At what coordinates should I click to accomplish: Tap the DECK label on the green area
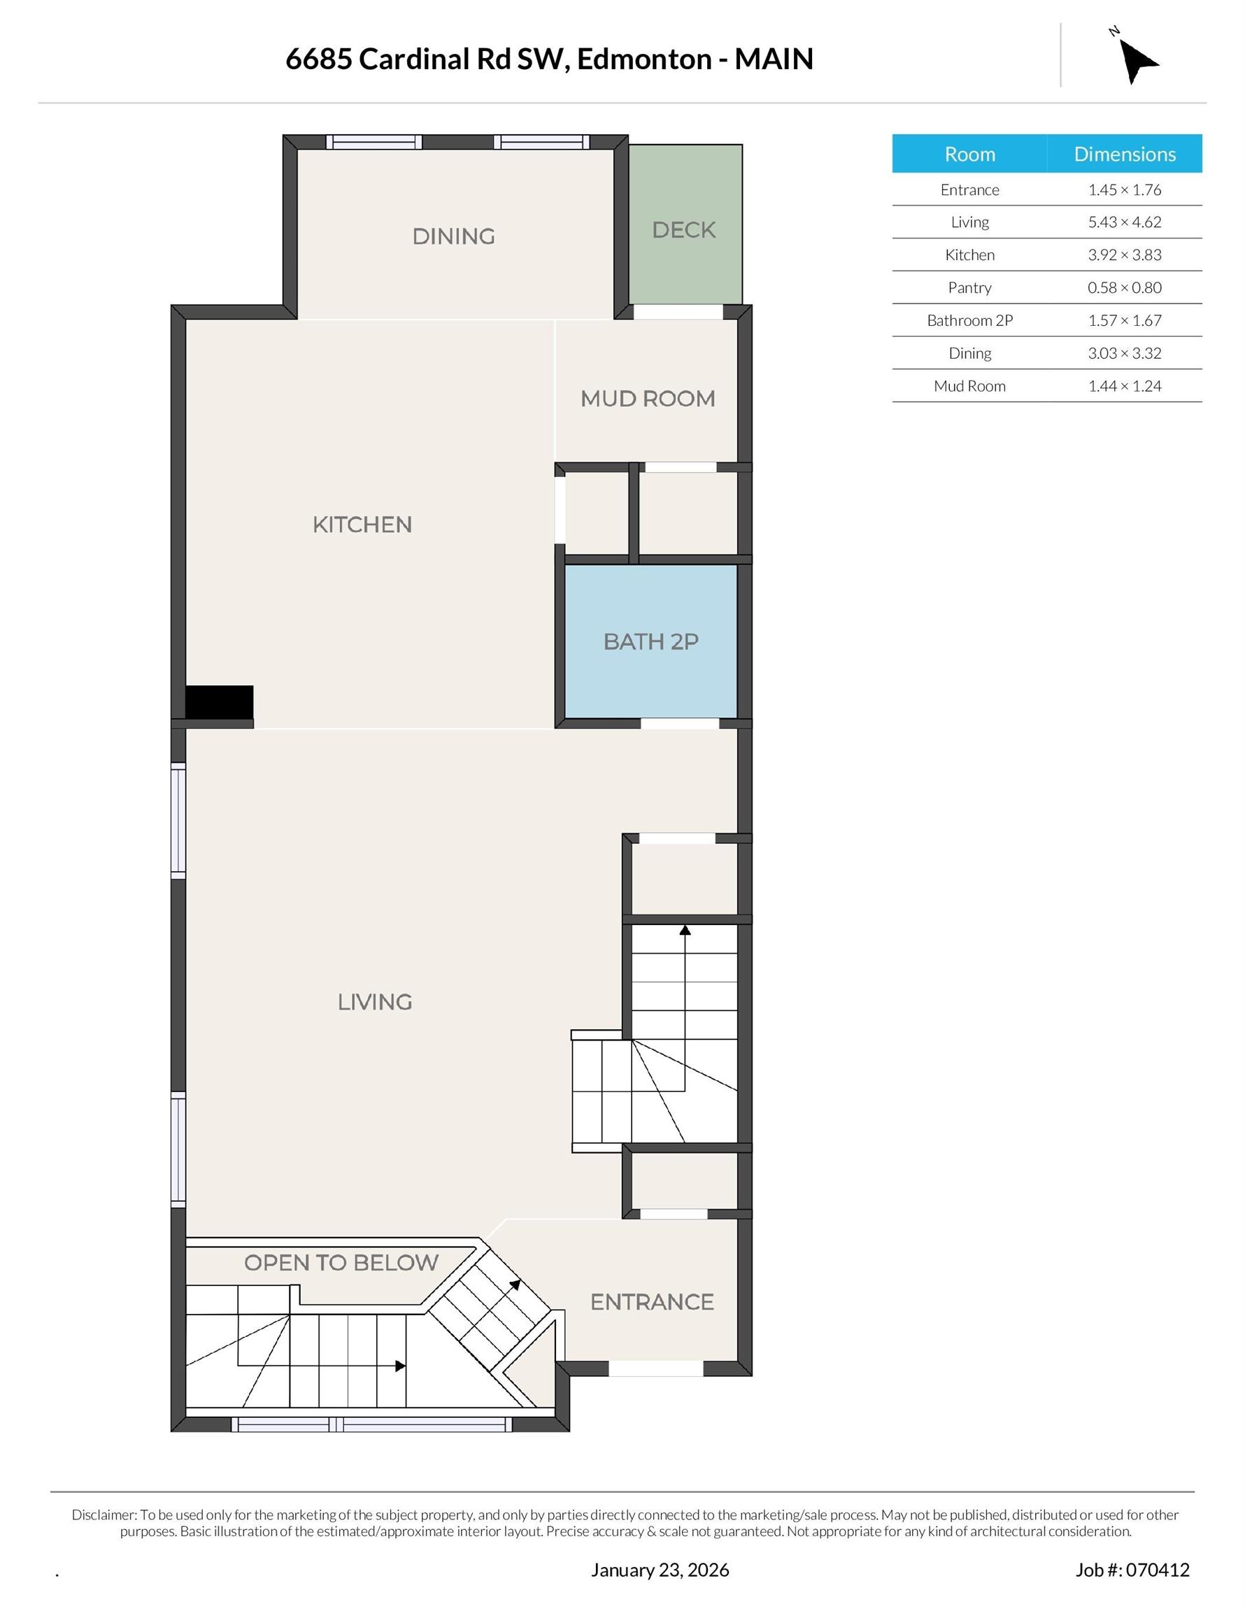[683, 230]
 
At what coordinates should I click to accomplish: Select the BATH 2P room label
[650, 642]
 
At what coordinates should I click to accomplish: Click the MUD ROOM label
[647, 399]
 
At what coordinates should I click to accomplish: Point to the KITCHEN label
[362, 525]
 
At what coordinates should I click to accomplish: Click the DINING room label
[453, 237]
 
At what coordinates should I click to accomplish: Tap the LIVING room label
[374, 1002]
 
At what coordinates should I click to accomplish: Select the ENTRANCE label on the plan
[652, 1302]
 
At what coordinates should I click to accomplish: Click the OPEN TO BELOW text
[341, 1263]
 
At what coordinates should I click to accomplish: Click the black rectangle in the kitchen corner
[219, 701]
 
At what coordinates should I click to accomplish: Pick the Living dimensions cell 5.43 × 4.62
[1124, 222]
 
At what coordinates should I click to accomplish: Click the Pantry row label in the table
[969, 287]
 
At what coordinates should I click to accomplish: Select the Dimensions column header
[1124, 154]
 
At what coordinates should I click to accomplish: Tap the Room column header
[969, 154]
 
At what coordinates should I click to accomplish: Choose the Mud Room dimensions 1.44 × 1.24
[1124, 386]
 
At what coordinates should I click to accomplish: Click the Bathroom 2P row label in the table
[969, 320]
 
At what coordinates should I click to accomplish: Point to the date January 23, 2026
[659, 1570]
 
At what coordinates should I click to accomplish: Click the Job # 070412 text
[1132, 1570]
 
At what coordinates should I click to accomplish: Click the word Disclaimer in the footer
[104, 1515]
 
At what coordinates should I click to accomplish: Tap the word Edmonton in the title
[644, 59]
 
